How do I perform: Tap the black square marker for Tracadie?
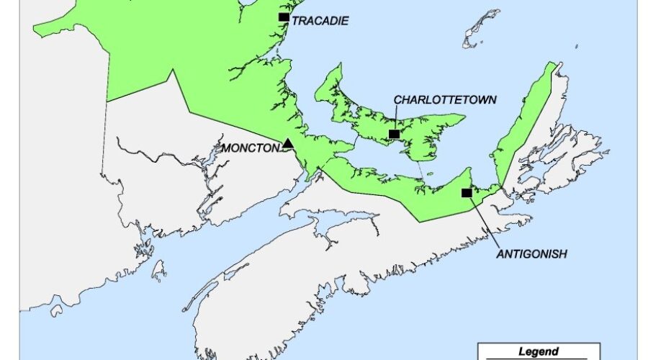tap(284, 17)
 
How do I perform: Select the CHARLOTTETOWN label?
tap(444, 99)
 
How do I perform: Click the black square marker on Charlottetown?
tap(394, 134)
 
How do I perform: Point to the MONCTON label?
tap(249, 148)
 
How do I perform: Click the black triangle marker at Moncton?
tap(288, 143)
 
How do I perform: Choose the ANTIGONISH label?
tap(533, 253)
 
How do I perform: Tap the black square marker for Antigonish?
tap(467, 193)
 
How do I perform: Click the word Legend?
tap(538, 351)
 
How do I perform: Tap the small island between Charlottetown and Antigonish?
tap(430, 174)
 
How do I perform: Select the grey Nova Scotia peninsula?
tap(346, 266)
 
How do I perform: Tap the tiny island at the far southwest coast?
tap(56, 310)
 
